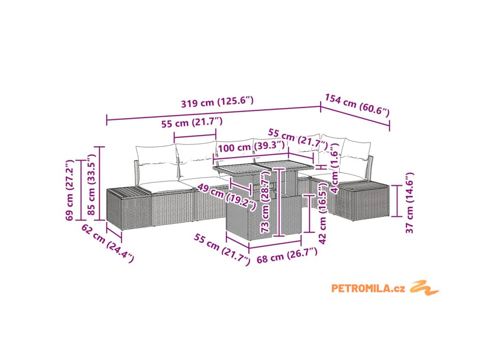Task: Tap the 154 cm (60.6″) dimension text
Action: click(357, 105)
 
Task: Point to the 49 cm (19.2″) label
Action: click(227, 195)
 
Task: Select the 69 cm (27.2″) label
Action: click(70, 189)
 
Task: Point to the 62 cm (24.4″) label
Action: click(107, 243)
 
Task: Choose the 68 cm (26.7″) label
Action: click(287, 255)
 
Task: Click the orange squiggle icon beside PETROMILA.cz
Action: click(424, 287)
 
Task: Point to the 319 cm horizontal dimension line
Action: click(213, 114)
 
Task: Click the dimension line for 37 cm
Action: click(397, 201)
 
